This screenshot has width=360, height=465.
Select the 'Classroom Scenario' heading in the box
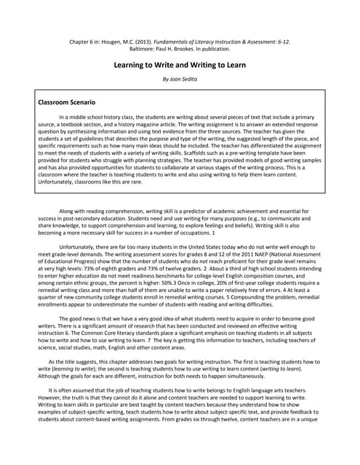[67, 103]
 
